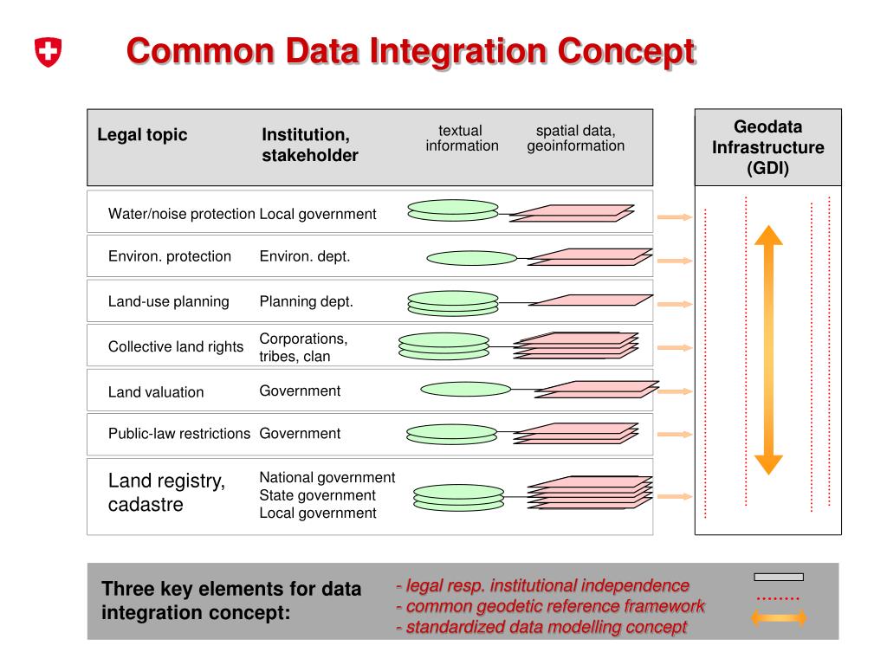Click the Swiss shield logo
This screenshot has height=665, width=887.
pyautogui.click(x=49, y=52)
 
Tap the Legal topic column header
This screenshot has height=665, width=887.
pyautogui.click(x=142, y=135)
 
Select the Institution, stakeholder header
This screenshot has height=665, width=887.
pyautogui.click(x=310, y=145)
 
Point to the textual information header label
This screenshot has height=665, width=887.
pyautogui.click(x=462, y=139)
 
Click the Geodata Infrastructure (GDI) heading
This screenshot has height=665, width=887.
pyautogui.click(x=767, y=147)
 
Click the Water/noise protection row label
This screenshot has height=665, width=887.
pyautogui.click(x=181, y=214)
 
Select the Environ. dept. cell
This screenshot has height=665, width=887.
pyautogui.click(x=304, y=256)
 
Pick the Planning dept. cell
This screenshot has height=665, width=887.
pyautogui.click(x=306, y=302)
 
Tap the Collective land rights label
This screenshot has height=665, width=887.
pyautogui.click(x=176, y=346)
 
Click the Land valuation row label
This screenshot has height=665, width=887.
pyautogui.click(x=156, y=392)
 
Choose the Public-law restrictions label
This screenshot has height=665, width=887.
pyautogui.click(x=179, y=434)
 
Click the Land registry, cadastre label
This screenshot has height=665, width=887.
pyautogui.click(x=166, y=493)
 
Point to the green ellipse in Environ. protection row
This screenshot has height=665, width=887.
pyautogui.click(x=471, y=258)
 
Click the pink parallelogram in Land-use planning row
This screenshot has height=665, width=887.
pyautogui.click(x=590, y=300)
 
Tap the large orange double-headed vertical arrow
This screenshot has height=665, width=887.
pyautogui.click(x=767, y=349)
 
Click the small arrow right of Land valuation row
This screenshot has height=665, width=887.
pyautogui.click(x=676, y=391)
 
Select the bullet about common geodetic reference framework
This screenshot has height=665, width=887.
pyautogui.click(x=550, y=606)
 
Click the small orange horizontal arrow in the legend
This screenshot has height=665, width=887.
pyautogui.click(x=778, y=617)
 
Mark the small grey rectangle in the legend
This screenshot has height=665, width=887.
pyautogui.click(x=778, y=577)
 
